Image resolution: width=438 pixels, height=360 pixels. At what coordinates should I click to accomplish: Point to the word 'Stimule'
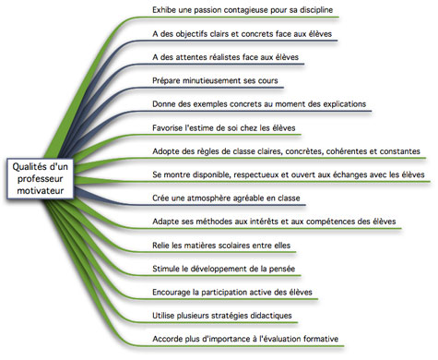point(169,269)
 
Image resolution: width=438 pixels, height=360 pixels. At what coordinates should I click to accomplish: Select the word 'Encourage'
point(174,293)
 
